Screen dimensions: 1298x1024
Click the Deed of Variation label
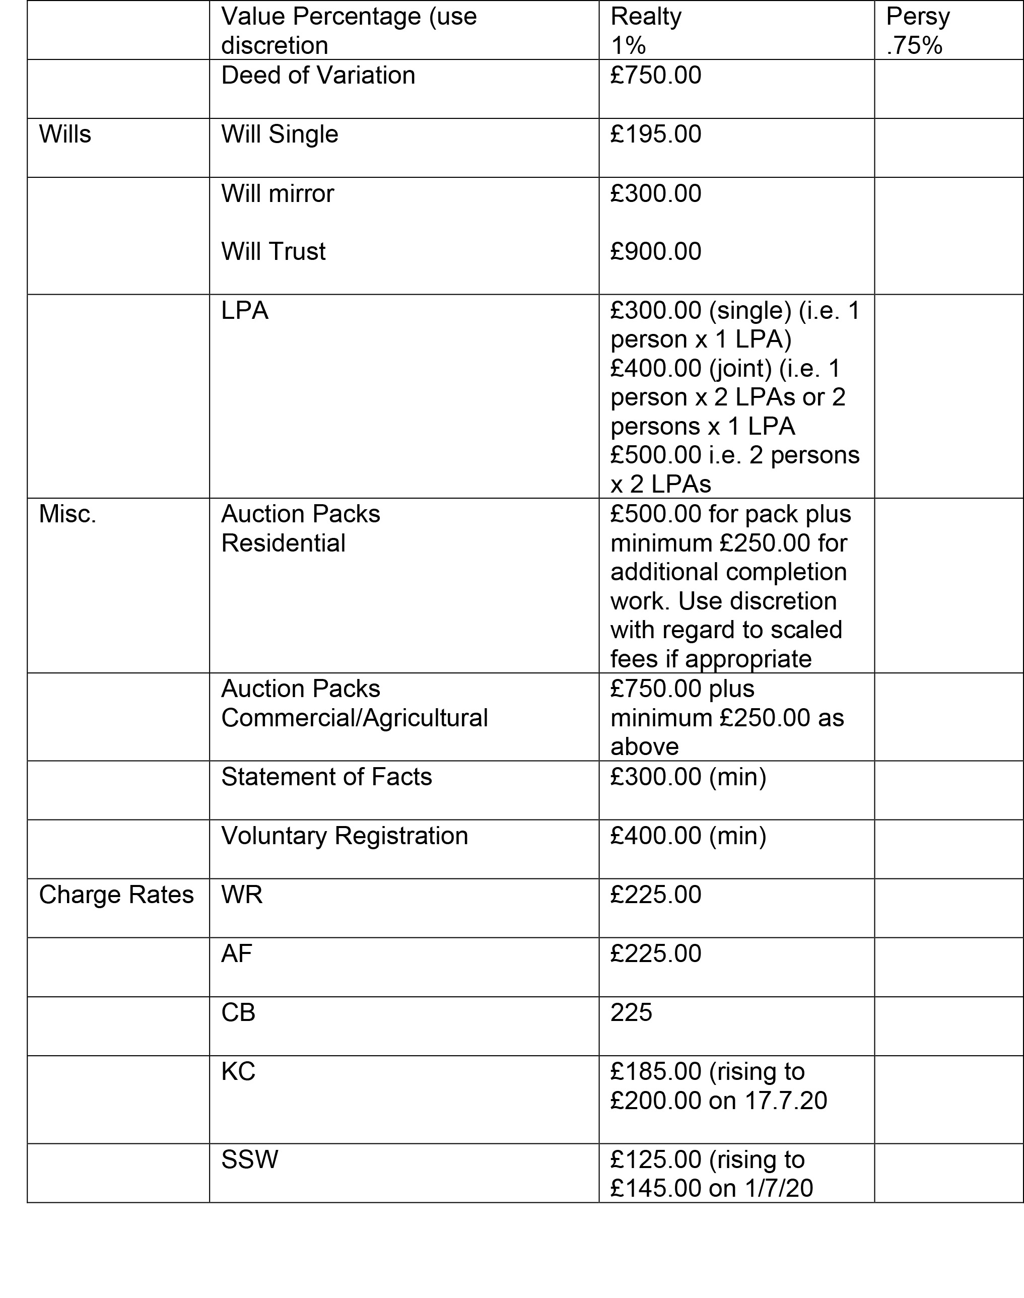(x=318, y=76)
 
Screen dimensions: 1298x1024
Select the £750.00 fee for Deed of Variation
(x=655, y=76)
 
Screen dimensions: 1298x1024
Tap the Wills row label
(x=65, y=134)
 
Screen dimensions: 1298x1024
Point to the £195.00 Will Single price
(x=655, y=134)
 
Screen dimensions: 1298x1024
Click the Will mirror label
(x=277, y=193)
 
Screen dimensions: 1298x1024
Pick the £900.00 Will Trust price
(x=655, y=251)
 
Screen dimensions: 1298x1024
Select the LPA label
(x=245, y=311)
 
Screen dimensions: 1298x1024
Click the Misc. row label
(x=67, y=514)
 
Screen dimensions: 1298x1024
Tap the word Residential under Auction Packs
(x=283, y=543)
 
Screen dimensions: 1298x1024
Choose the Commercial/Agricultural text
(x=354, y=718)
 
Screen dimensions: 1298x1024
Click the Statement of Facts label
(x=326, y=777)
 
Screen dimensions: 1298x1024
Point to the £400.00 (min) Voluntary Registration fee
(x=688, y=836)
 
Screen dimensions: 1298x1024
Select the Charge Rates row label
(x=116, y=895)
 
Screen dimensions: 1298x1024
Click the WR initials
(x=242, y=895)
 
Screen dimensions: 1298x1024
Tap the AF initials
(x=236, y=953)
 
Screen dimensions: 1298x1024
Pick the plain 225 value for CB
(x=631, y=1012)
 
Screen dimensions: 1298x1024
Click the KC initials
(x=238, y=1071)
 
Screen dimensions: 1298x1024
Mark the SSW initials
(x=249, y=1159)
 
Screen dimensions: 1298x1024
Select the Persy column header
(x=917, y=17)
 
